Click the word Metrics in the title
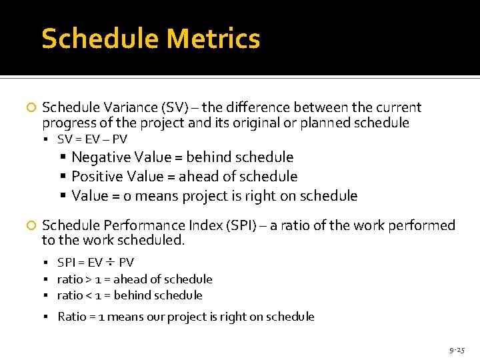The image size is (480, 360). tap(213, 39)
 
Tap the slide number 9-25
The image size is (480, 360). tap(457, 349)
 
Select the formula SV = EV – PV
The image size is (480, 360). tap(92, 139)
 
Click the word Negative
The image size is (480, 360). tap(102, 157)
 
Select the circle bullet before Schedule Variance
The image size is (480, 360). tap(29, 108)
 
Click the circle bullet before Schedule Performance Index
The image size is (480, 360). tap(29, 226)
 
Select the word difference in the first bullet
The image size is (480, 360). tap(255, 108)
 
